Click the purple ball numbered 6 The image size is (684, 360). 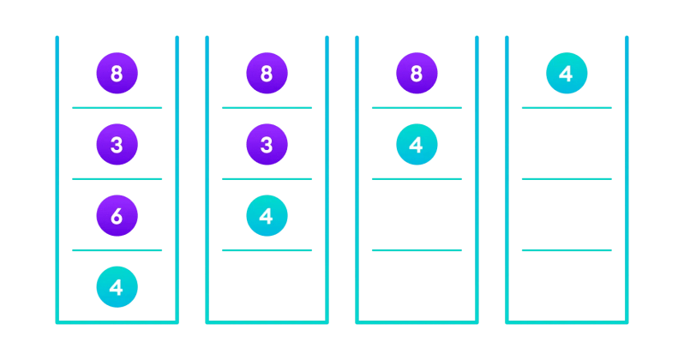[x=117, y=216]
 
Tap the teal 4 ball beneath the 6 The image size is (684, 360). [x=117, y=287]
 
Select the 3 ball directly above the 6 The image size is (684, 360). [x=117, y=145]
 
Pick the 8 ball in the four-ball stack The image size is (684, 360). [x=117, y=74]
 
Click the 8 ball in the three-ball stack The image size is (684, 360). [x=267, y=74]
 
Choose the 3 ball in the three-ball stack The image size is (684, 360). [x=267, y=145]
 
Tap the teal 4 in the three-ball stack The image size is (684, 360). [x=267, y=216]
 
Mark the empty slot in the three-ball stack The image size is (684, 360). [x=267, y=287]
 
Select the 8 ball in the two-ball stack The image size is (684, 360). [x=417, y=74]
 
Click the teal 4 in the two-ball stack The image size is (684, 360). [x=417, y=145]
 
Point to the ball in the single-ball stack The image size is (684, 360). [x=567, y=74]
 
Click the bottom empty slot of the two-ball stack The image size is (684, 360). [x=417, y=287]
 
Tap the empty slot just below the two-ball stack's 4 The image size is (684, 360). [x=417, y=216]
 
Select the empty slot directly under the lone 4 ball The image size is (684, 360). [x=567, y=145]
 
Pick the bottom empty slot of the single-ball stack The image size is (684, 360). [x=567, y=287]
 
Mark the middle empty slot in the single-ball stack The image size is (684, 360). [x=567, y=216]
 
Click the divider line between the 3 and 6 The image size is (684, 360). [x=117, y=178]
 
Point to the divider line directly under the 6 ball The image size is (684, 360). [x=117, y=250]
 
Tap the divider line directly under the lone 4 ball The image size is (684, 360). [x=567, y=107]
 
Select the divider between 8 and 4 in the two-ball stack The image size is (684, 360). [x=417, y=107]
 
